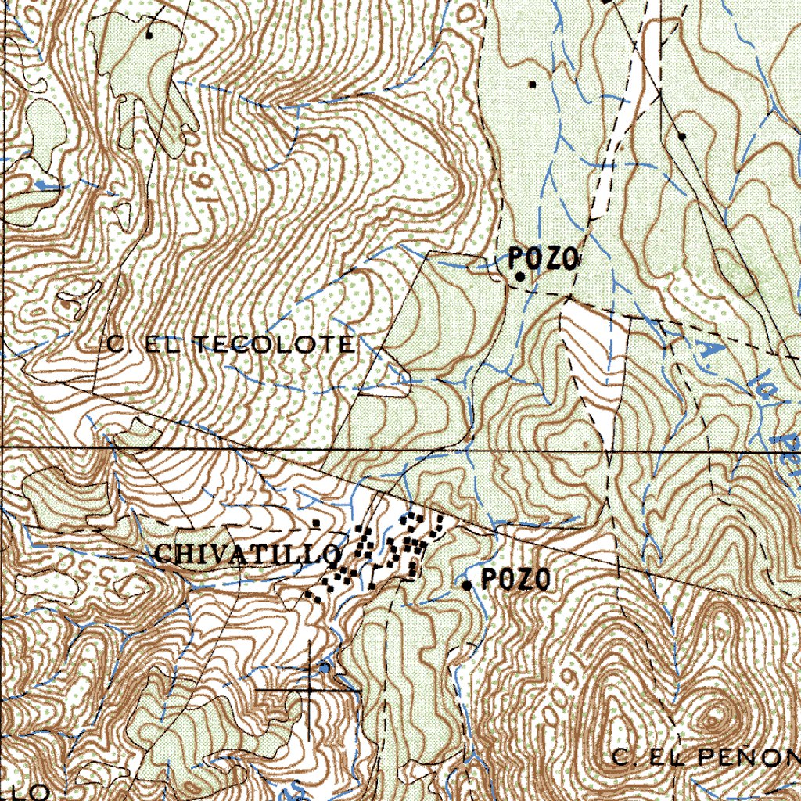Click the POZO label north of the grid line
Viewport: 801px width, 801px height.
pos(544,258)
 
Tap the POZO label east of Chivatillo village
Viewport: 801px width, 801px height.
pos(515,580)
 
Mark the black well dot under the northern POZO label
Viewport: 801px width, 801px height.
pos(519,276)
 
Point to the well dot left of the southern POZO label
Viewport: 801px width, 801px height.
pos(467,585)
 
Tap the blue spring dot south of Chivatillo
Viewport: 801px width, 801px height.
pos(324,667)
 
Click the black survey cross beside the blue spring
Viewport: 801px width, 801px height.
pos(308,691)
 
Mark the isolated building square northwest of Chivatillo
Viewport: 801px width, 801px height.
pos(316,522)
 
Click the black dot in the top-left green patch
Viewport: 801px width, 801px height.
pos(149,34)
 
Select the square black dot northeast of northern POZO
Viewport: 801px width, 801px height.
pos(533,84)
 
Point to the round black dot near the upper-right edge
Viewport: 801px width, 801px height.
pos(682,136)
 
